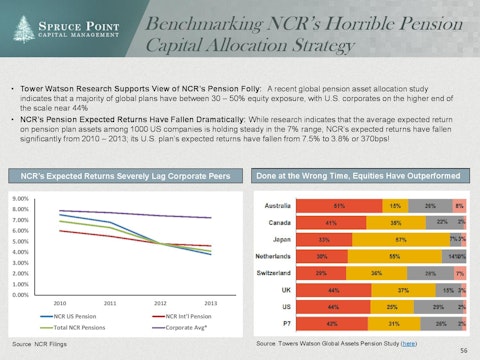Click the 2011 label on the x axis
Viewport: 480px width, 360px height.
tap(111, 303)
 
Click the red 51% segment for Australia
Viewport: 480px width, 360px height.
tap(338, 204)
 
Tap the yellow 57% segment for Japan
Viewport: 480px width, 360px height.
tap(399, 239)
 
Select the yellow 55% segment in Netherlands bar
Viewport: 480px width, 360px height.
tap(396, 256)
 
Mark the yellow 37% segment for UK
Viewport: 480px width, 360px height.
tap(397, 291)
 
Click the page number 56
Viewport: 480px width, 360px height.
tap(463, 352)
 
